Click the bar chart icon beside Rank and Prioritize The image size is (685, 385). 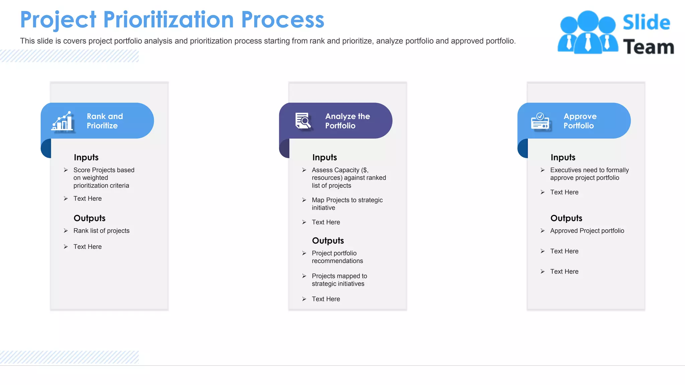[x=63, y=121]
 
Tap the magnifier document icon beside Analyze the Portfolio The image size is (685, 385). [x=303, y=121]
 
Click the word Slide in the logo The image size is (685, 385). [x=646, y=23]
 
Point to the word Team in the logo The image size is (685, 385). [x=648, y=47]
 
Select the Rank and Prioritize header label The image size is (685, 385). [x=105, y=121]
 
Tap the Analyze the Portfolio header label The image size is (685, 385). [x=348, y=121]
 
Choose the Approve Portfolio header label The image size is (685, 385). [x=580, y=121]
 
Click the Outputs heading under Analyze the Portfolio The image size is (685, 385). [x=328, y=241]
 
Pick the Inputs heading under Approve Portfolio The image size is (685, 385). [x=563, y=157]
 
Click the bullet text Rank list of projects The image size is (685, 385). [x=101, y=231]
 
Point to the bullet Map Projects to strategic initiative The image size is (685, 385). [x=347, y=204]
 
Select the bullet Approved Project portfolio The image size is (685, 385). [x=587, y=231]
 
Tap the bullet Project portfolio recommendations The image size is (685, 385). [x=337, y=257]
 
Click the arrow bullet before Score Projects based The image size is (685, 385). [x=66, y=170]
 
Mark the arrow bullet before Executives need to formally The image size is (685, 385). [x=543, y=170]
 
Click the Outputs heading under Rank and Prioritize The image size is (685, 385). [x=89, y=218]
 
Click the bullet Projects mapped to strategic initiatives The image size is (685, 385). [x=339, y=280]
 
